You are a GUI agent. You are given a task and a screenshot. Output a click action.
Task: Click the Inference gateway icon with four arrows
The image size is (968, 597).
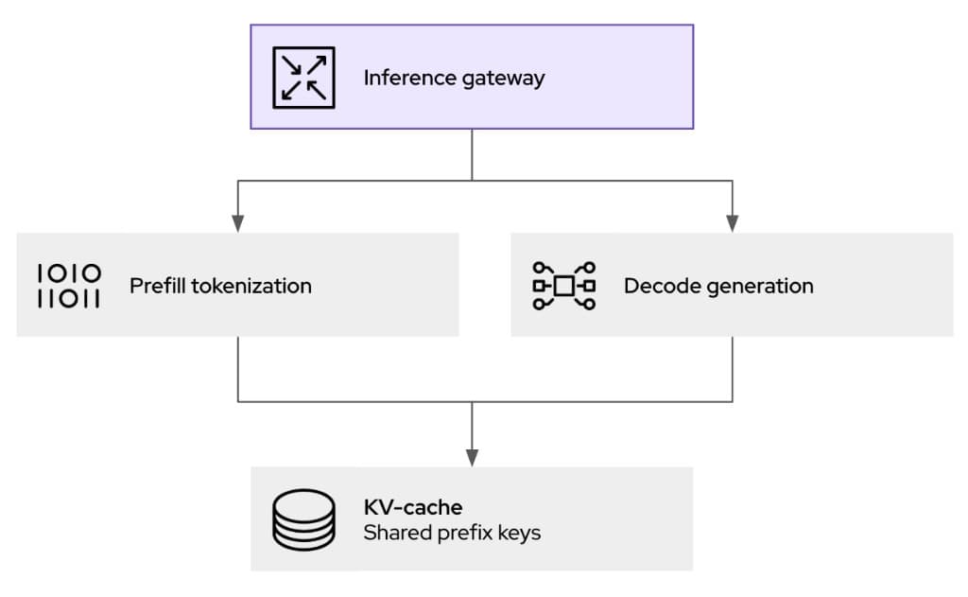(x=303, y=77)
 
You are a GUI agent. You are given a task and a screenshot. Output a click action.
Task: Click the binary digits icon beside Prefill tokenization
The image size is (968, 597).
(x=69, y=286)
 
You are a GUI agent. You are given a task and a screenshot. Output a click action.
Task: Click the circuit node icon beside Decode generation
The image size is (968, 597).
(x=563, y=286)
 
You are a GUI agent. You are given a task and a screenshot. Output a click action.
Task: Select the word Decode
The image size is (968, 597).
(x=655, y=285)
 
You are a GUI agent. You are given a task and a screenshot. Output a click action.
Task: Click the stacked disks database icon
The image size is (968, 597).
(x=303, y=519)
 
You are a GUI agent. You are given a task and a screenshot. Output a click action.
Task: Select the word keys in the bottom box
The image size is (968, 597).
(x=518, y=534)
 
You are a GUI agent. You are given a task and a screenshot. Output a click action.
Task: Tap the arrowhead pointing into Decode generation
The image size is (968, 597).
(x=732, y=224)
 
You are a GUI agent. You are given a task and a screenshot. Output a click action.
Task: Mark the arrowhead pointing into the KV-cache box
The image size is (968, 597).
(x=472, y=458)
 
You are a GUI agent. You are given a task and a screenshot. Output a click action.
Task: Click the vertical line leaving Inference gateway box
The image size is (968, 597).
(x=472, y=153)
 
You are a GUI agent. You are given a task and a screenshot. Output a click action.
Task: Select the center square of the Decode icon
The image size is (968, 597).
(x=563, y=286)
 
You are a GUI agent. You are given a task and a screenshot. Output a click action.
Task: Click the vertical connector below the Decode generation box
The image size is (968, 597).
(x=732, y=369)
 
